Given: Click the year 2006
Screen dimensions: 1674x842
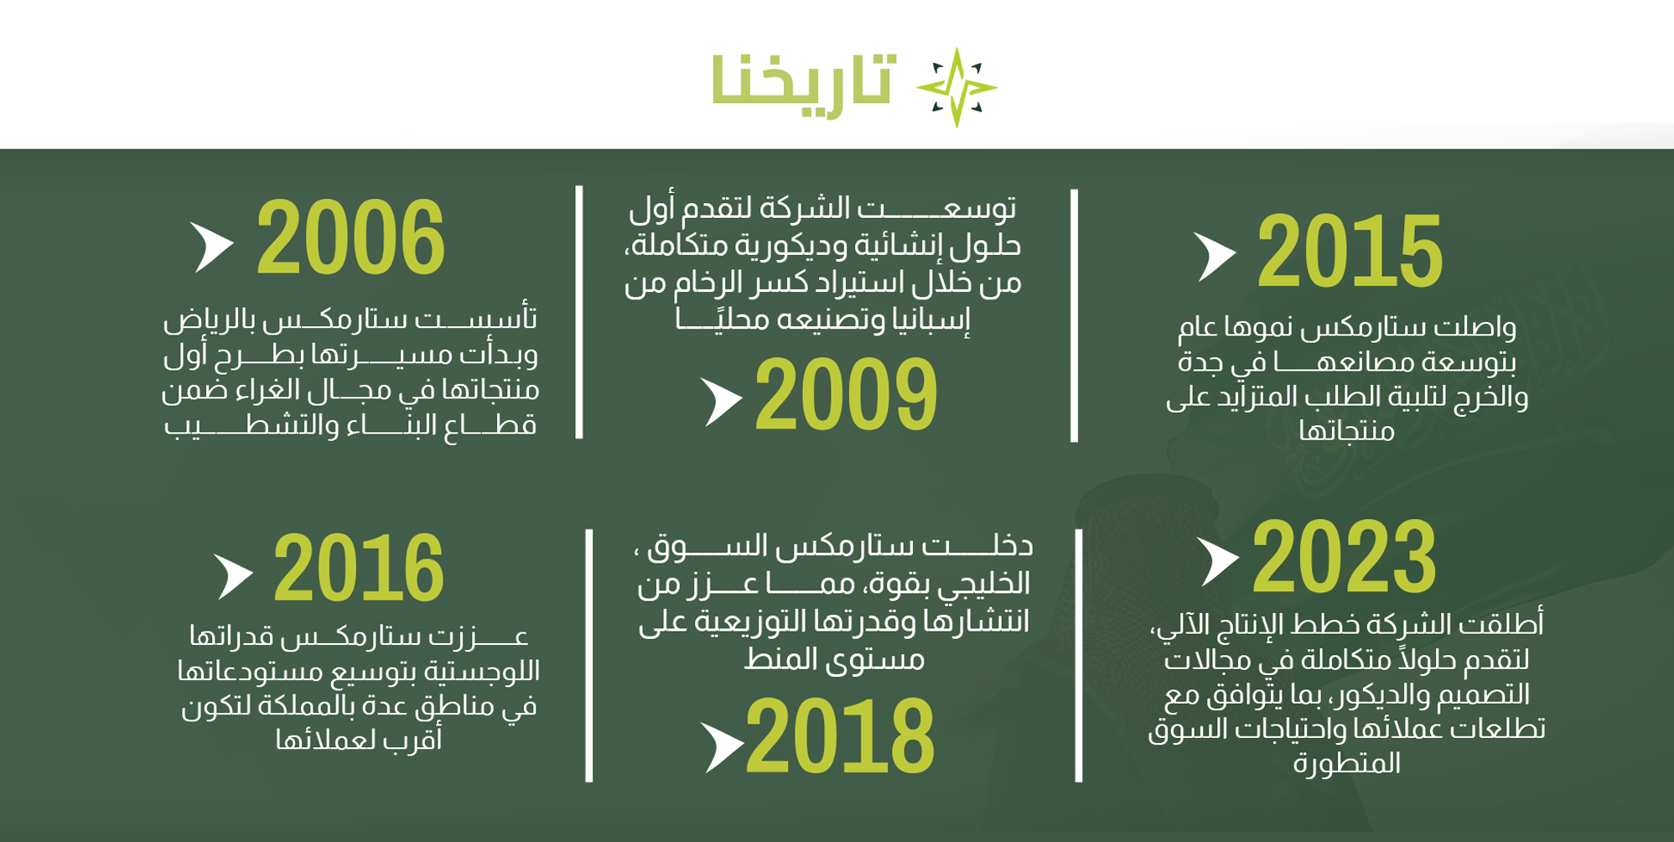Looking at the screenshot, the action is coord(350,237).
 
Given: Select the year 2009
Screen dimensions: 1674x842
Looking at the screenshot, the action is coord(846,393).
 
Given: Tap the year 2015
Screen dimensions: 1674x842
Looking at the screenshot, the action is coord(1349,250).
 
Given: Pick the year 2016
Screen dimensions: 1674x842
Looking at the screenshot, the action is coord(359,568).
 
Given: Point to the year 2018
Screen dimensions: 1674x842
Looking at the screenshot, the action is coord(840,735).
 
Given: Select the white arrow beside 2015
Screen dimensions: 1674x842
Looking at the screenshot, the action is coord(1214,257).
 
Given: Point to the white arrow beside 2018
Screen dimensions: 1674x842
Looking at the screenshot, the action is coord(722,746).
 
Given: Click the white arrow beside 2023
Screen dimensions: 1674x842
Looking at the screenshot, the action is coord(1217,562).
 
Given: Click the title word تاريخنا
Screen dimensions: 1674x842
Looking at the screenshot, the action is coord(803,82).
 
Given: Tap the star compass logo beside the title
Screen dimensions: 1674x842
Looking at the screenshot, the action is coord(956,87).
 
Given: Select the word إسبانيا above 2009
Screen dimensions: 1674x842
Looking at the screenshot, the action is coord(933,320).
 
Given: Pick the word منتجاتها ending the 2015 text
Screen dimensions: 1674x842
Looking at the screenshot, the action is coord(1346,431).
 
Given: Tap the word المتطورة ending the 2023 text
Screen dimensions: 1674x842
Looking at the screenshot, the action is coord(1346,763).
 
